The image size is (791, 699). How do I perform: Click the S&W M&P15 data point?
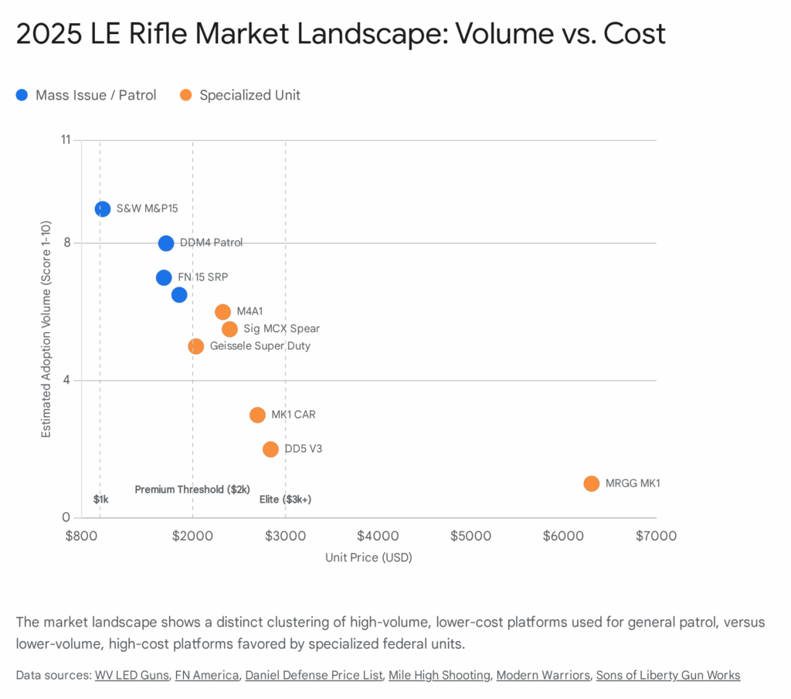102,209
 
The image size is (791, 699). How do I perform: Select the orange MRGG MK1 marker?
591,484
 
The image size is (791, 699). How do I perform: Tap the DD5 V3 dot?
270,449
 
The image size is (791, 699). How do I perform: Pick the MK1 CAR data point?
257,415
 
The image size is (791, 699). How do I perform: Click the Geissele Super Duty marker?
195,346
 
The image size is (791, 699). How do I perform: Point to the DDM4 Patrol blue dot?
166,243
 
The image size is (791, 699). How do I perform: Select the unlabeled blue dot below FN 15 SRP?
178,294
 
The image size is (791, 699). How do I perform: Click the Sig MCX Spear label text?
281,329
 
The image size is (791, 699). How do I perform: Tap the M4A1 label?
250,311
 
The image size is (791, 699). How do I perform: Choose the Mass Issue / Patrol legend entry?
86,95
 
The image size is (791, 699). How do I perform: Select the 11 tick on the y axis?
65,140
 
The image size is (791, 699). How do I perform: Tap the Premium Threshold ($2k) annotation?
192,490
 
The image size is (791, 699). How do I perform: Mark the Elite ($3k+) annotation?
285,500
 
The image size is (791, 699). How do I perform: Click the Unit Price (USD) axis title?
368,558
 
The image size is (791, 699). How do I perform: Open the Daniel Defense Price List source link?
314,675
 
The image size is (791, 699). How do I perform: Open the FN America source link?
207,675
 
